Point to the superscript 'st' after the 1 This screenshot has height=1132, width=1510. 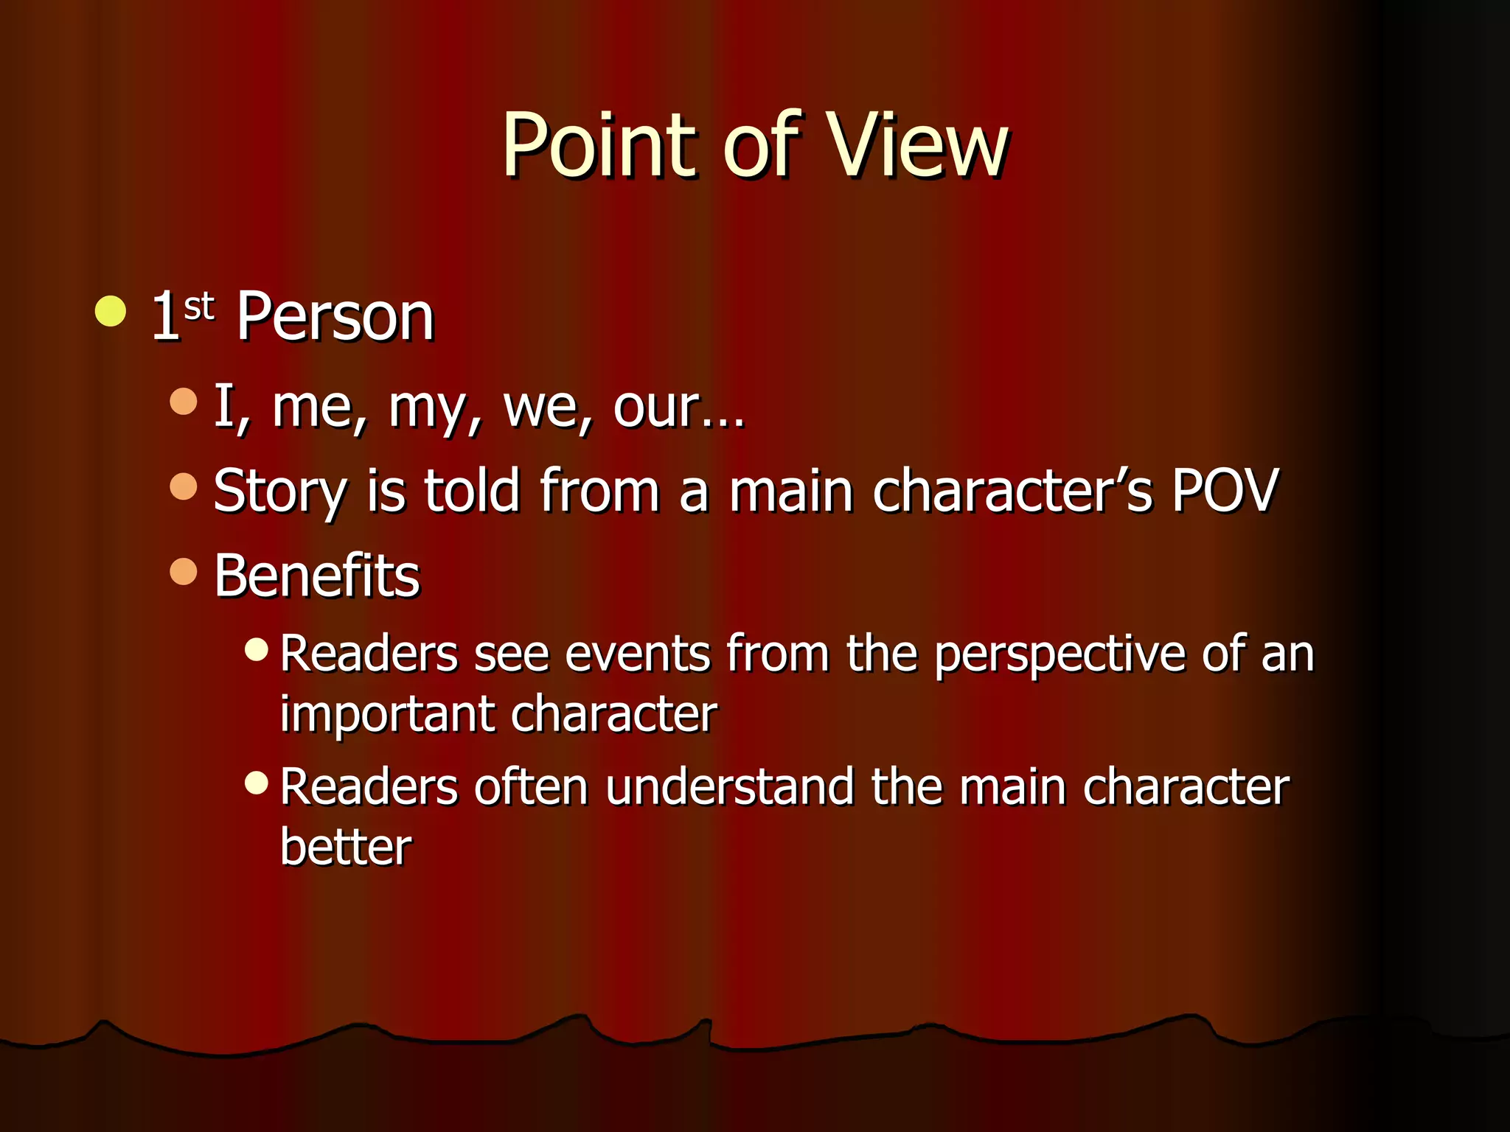point(198,305)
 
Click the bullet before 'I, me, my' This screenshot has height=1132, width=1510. point(184,402)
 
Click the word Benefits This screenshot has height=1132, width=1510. point(316,576)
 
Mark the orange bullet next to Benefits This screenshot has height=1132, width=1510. point(184,571)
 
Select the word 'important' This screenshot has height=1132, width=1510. point(387,715)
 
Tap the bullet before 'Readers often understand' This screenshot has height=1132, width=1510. point(256,782)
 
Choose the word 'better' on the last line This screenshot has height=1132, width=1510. point(345,847)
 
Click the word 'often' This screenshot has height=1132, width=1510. point(531,787)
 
